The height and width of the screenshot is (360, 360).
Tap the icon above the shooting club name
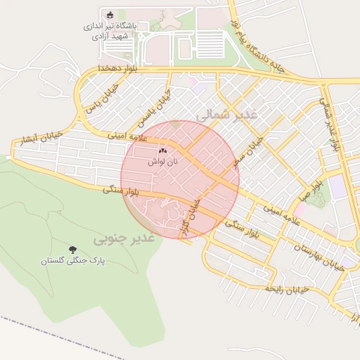coord(108,15)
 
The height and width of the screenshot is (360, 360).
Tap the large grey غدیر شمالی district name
coord(228,112)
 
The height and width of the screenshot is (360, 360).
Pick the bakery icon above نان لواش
coord(163,150)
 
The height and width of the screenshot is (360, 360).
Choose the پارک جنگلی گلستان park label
coord(72,260)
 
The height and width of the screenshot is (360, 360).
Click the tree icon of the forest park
coord(72,249)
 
